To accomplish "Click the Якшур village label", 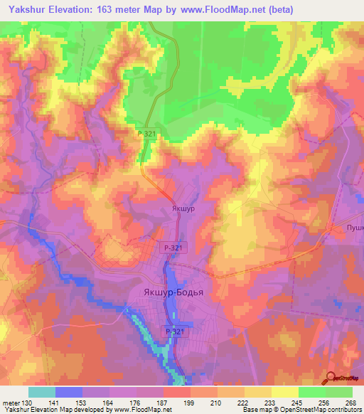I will [x=183, y=209].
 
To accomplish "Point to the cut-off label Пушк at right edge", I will [x=355, y=228].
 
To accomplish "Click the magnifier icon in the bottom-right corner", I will [x=331, y=378].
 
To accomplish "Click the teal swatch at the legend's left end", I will [x=42, y=391].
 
